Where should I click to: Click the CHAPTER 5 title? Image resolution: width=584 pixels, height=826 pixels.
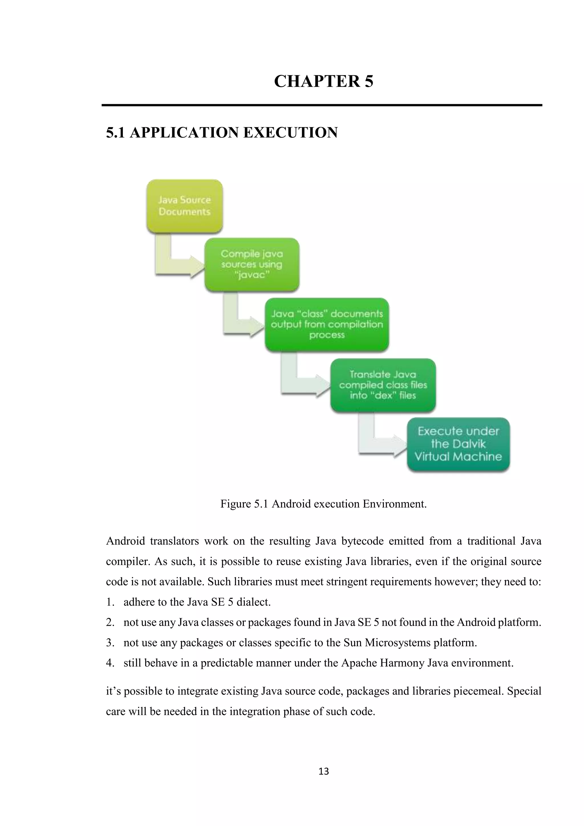click(324, 81)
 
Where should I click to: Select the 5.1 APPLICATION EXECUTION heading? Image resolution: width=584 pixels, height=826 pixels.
click(222, 133)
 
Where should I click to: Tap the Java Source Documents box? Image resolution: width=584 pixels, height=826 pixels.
click(184, 206)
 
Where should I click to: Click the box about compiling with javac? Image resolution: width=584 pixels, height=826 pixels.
click(252, 264)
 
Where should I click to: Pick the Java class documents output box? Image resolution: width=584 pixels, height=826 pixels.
click(327, 324)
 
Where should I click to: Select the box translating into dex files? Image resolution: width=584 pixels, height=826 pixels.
click(383, 385)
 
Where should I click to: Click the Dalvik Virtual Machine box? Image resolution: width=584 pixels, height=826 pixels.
click(458, 444)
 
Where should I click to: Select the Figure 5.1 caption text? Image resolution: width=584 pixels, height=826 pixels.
click(323, 504)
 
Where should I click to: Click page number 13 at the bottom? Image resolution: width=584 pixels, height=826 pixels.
click(324, 771)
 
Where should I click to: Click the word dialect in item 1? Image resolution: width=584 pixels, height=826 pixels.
click(253, 602)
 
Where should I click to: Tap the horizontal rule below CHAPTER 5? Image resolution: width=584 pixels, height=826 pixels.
click(322, 105)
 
